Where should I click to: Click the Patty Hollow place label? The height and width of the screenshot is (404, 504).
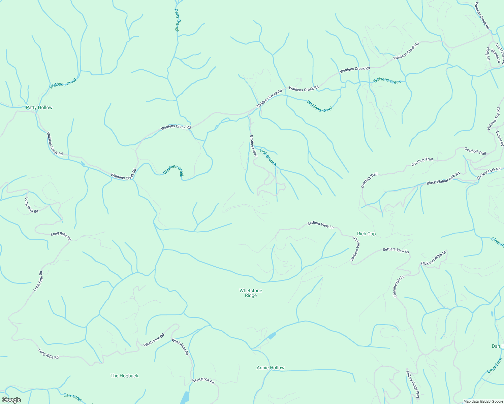tap(39, 108)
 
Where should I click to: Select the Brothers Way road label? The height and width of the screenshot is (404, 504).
tap(253, 146)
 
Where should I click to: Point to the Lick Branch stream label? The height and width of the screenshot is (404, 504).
tap(268, 156)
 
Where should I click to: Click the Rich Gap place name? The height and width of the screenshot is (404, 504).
tap(366, 234)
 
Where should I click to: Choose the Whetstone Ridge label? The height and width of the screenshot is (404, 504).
tap(251, 293)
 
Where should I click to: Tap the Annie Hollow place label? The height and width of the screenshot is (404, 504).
tap(271, 368)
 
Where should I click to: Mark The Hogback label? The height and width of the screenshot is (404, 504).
tap(124, 376)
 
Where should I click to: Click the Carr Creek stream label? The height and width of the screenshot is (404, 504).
tap(73, 398)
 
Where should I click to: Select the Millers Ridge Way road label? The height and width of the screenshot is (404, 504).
tap(413, 384)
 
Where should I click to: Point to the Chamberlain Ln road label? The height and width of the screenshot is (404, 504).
tap(399, 286)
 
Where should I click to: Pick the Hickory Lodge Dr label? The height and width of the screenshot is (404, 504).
tap(434, 258)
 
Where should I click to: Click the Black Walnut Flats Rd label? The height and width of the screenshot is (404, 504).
tap(443, 178)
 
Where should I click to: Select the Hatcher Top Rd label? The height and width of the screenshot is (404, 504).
tap(494, 119)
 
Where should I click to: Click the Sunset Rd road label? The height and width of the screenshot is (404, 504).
tap(499, 138)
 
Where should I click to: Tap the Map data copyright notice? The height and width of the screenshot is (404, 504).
tap(482, 401)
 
